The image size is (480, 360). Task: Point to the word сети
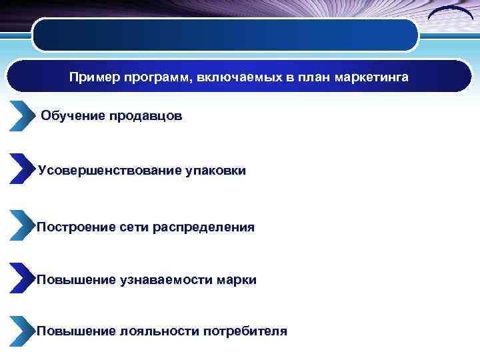point(131,227)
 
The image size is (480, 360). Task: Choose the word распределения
point(203,227)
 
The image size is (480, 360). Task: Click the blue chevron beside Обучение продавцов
point(21,116)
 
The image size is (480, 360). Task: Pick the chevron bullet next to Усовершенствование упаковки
point(21,169)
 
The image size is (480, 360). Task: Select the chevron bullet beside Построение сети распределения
point(21,225)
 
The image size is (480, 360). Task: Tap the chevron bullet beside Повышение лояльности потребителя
point(21,331)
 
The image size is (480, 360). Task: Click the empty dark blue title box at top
point(225,35)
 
